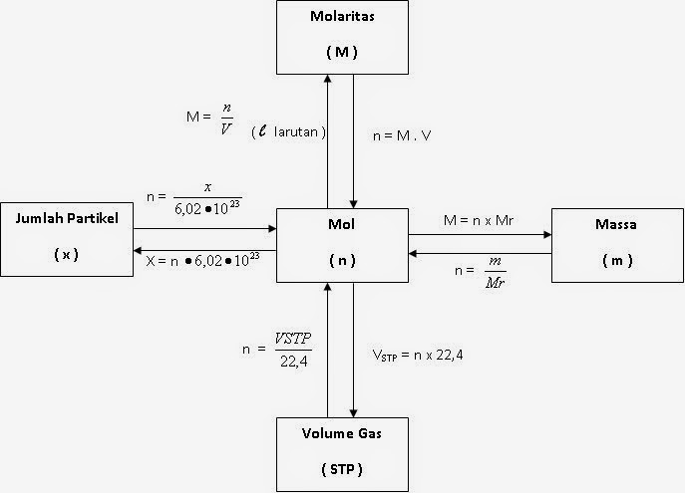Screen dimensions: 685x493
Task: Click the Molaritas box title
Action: tap(341, 18)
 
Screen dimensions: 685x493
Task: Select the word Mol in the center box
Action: tap(342, 226)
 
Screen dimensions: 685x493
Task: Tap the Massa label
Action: tap(618, 226)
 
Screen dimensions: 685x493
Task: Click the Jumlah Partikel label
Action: tap(68, 219)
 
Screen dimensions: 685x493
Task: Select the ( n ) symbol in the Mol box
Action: tap(342, 260)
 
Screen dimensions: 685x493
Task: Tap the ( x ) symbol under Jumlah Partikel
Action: tap(67, 254)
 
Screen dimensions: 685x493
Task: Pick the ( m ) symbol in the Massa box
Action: tap(618, 260)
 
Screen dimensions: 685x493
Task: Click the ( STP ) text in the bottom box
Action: tap(342, 467)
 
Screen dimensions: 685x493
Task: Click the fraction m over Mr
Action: tap(492, 269)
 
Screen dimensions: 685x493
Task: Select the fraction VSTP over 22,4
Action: tap(292, 349)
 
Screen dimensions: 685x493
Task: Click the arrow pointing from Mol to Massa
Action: tap(480, 236)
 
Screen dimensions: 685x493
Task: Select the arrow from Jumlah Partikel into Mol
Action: tap(204, 228)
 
